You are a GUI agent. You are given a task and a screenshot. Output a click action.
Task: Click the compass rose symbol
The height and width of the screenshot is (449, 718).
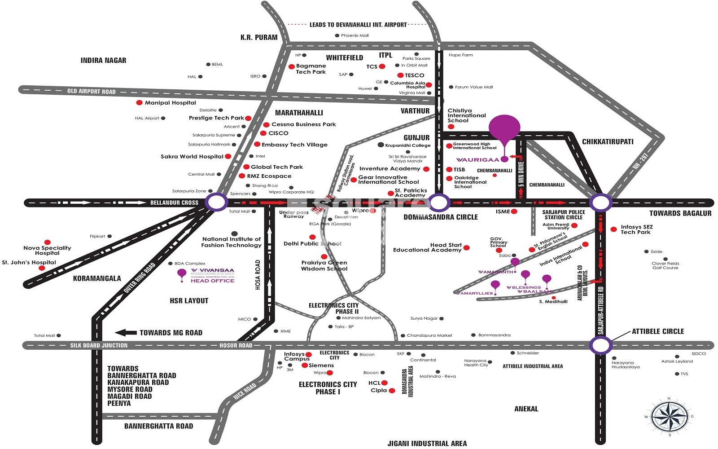[x=669, y=416]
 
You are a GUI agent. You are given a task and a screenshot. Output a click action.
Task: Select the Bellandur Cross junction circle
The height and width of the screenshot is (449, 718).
[x=216, y=202]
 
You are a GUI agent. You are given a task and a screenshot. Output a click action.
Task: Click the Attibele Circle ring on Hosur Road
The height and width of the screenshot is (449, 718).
[x=600, y=345]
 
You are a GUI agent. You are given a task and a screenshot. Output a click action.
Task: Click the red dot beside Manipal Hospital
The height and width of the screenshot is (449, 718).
[x=140, y=103]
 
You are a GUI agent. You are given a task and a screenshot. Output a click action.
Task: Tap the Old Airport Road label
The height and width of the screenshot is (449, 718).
[x=92, y=92]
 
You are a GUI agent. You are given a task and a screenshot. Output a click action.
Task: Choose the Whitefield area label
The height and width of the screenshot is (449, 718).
[x=345, y=58]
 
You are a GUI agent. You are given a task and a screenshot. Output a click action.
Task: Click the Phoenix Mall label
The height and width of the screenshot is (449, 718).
[x=355, y=35]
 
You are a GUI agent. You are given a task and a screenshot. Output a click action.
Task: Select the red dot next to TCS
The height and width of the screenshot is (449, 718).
[x=382, y=66]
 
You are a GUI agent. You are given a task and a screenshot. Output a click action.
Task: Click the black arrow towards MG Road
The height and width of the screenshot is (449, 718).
[x=126, y=333]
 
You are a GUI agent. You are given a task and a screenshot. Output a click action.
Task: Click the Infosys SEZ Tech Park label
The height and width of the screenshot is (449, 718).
[x=636, y=229]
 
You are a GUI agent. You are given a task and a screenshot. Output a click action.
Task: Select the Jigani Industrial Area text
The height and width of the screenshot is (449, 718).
[x=427, y=444]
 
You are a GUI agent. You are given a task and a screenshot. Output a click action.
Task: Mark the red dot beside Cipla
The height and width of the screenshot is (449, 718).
[x=392, y=391]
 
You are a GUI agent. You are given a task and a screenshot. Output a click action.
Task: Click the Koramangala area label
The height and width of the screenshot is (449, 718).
[x=97, y=278]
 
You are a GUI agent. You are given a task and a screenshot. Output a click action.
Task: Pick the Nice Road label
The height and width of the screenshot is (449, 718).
[x=245, y=391]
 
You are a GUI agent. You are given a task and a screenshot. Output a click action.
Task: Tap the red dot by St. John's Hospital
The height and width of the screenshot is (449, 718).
[x=42, y=268]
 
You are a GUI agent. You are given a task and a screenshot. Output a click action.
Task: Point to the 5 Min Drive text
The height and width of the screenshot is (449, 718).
[x=521, y=174]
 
